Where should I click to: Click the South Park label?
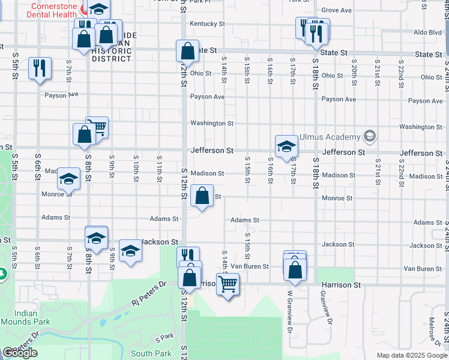[151, 353]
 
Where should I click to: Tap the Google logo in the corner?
[20, 353]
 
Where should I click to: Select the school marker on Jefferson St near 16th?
[286, 146]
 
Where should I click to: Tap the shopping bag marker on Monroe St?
[202, 196]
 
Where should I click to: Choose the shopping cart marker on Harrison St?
[228, 284]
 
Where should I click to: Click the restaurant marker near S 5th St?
[40, 67]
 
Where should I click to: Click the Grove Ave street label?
[336, 10]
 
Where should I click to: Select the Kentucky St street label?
[207, 24]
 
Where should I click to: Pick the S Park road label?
[164, 338]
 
